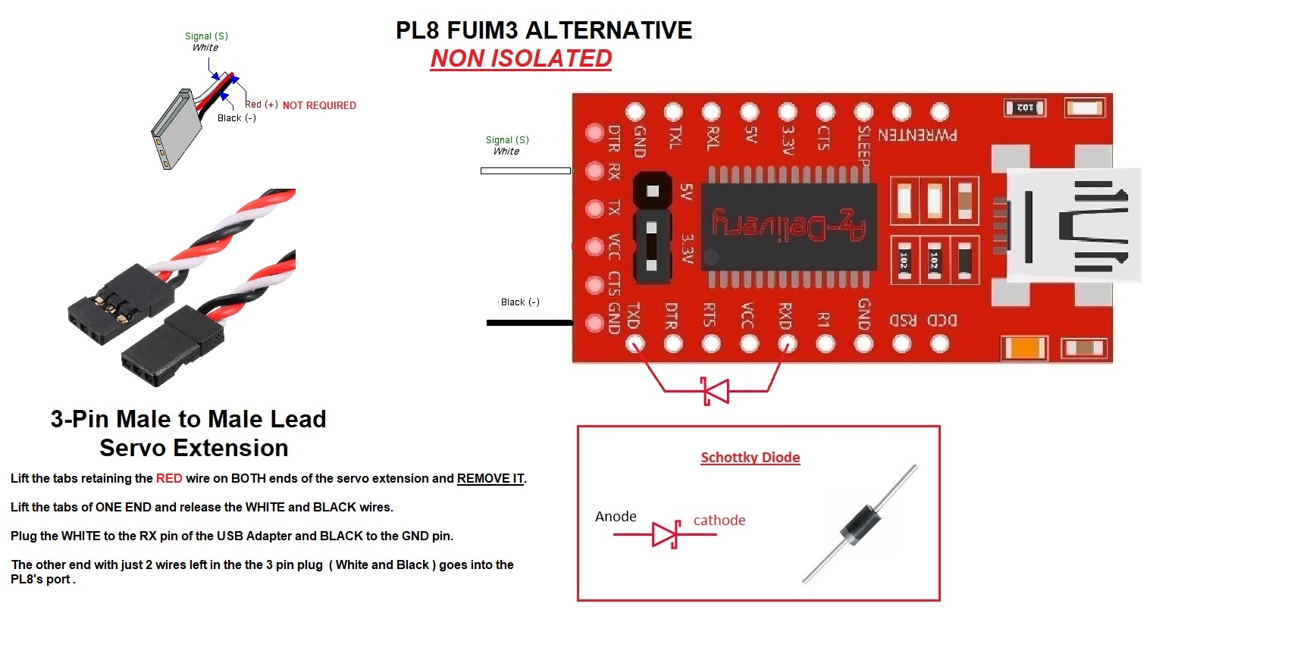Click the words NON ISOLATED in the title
point(521,58)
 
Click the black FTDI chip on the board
point(788,227)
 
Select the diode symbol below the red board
point(715,391)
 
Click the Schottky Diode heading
point(750,458)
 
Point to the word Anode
point(616,517)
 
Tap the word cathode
point(719,521)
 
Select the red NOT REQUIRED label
point(319,106)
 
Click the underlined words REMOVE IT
point(490,479)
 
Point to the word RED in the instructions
point(169,479)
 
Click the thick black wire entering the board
point(529,323)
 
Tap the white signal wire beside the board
point(525,171)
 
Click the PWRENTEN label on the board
point(917,136)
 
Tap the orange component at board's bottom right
point(1024,349)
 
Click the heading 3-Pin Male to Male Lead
point(188,419)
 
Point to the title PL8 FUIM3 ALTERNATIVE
point(544,30)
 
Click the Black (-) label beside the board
point(520,302)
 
